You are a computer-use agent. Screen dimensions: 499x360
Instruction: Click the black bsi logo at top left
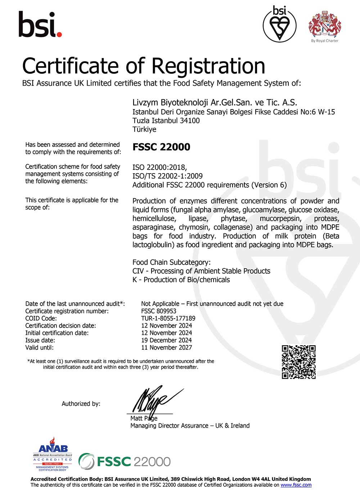click(x=40, y=24)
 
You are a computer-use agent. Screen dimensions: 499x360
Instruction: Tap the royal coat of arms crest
click(x=325, y=24)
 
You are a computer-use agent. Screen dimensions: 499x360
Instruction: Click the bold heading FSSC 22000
click(x=161, y=147)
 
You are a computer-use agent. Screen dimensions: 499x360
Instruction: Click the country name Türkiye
click(x=144, y=129)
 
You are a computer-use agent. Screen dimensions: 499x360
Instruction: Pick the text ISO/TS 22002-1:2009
click(x=167, y=176)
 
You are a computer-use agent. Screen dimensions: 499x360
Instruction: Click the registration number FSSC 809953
click(x=159, y=311)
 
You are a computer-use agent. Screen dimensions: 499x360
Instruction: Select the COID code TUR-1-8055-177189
click(x=168, y=318)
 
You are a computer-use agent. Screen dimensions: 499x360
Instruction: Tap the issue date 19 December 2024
click(x=166, y=340)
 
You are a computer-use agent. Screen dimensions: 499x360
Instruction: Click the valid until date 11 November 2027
click(x=166, y=347)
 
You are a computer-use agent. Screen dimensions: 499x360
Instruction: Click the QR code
click(x=298, y=362)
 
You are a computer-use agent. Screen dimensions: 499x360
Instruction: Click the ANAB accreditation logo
click(x=53, y=454)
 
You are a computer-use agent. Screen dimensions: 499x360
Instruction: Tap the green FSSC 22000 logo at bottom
click(x=125, y=462)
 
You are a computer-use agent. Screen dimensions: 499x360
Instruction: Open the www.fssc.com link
click(x=296, y=485)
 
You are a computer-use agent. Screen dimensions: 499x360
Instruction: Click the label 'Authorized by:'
click(x=81, y=404)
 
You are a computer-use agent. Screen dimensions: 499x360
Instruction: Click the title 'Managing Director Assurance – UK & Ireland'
click(x=190, y=426)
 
